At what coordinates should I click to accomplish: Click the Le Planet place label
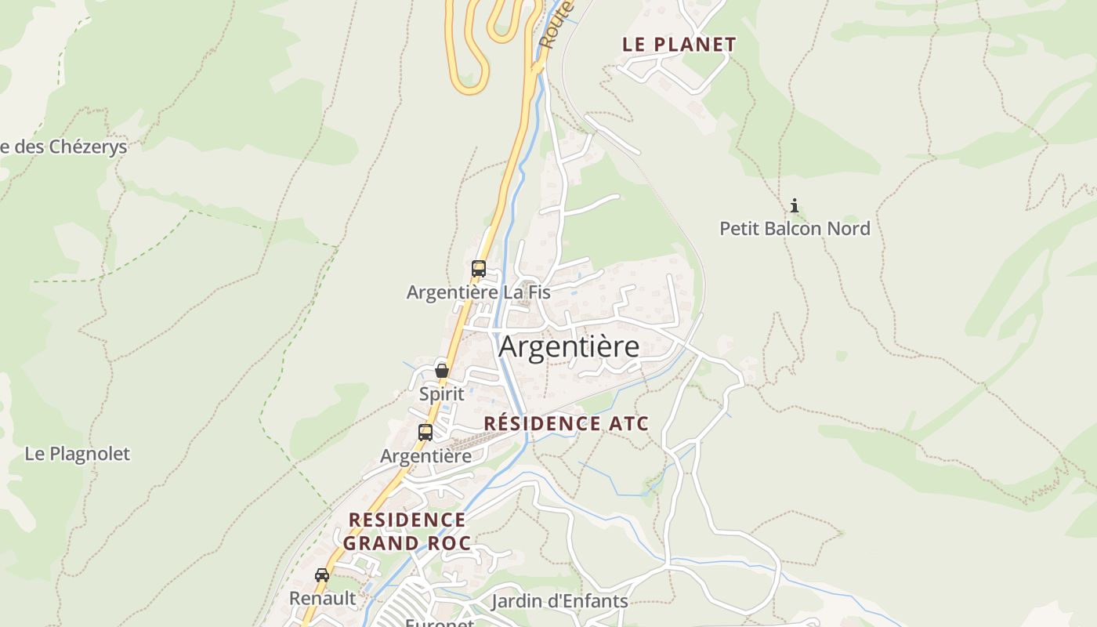point(679,45)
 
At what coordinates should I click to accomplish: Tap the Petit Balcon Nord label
point(795,229)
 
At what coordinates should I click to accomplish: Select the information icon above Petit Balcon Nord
point(795,206)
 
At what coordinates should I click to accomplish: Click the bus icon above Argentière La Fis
point(478,269)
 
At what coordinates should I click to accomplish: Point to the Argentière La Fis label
point(478,292)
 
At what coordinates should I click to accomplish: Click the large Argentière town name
point(569,346)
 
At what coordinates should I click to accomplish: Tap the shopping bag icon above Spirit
point(442,371)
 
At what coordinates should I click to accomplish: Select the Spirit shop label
point(442,394)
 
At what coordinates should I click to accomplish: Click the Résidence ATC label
point(566,424)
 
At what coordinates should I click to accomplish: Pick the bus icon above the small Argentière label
point(425,432)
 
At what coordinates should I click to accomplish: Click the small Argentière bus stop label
point(425,456)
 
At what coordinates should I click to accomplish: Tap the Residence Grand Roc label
point(407,531)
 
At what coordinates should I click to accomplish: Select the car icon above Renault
point(322,575)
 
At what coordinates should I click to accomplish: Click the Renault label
point(322,599)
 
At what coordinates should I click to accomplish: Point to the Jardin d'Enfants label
point(559,602)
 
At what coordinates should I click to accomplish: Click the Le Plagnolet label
point(77,454)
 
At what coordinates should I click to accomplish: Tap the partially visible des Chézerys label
point(63,147)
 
